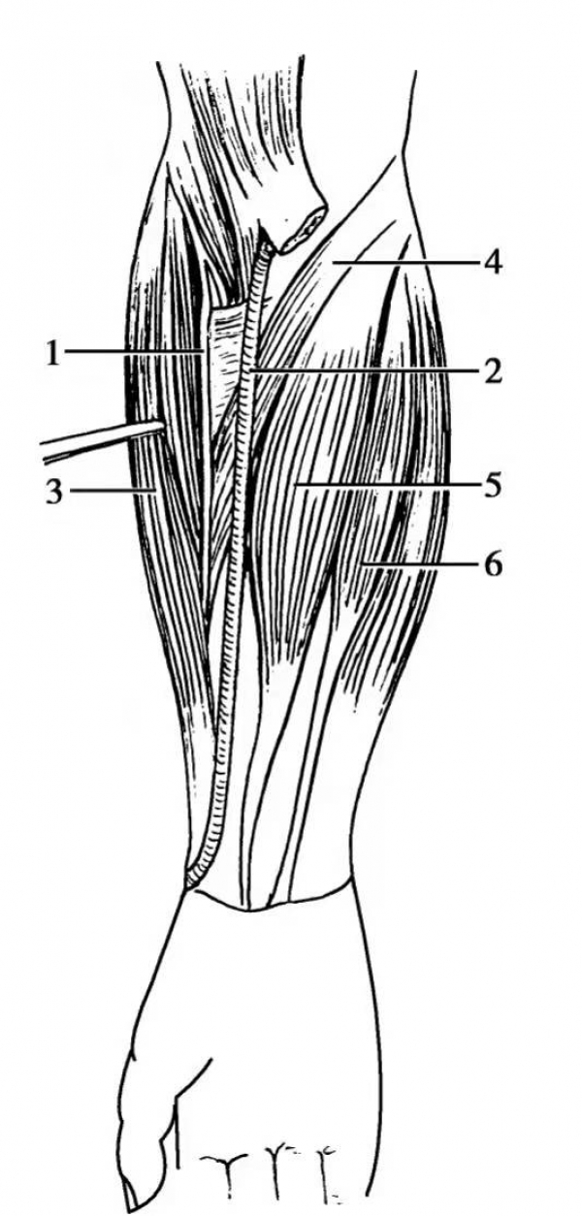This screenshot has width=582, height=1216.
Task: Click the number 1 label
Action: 52,353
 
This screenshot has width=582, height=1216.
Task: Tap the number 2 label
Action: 492,371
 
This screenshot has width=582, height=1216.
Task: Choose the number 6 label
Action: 493,565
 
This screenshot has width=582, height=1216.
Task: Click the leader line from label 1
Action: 136,352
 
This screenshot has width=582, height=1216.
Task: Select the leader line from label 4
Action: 405,262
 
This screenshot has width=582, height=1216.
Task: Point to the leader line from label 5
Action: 385,485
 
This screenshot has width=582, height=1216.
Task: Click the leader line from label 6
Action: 418,565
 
